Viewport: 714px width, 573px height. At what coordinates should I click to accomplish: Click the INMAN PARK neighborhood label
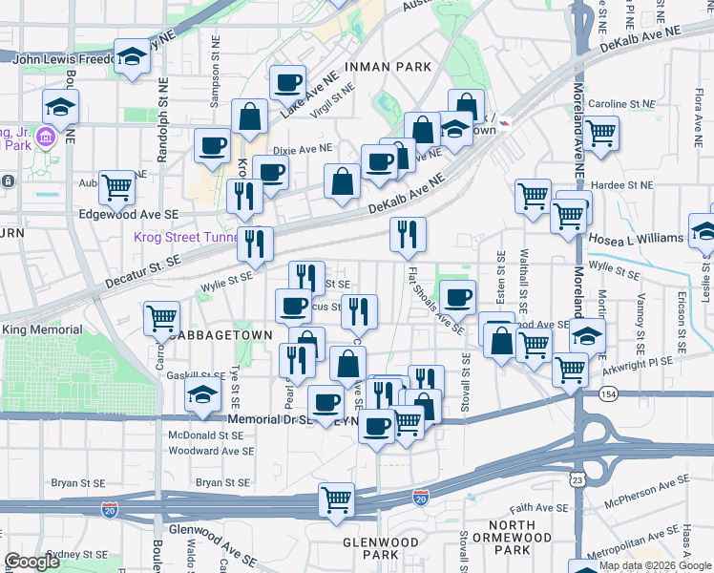389,67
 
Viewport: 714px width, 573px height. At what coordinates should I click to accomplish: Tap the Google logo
31,562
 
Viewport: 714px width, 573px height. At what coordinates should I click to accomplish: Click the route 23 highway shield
579,478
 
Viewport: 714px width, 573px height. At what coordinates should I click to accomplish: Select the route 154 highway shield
608,393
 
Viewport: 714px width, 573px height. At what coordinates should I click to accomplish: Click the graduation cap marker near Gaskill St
202,393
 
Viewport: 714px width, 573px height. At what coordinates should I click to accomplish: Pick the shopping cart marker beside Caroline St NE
600,134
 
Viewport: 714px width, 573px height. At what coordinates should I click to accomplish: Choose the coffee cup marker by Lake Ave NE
287,83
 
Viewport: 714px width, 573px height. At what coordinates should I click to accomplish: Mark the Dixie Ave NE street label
302,149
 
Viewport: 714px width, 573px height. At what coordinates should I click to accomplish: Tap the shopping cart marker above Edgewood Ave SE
116,187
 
